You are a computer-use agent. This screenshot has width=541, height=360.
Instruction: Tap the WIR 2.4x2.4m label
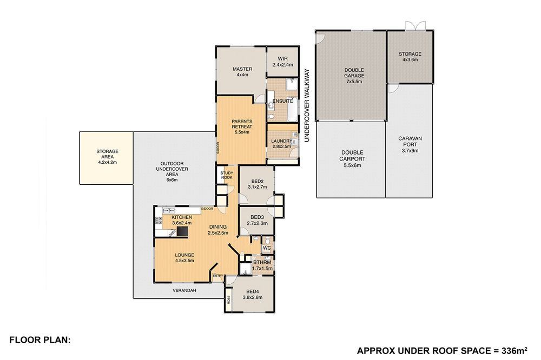282,62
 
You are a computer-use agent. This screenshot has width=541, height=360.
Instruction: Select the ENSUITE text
282,101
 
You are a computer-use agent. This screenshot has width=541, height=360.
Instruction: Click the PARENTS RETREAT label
242,124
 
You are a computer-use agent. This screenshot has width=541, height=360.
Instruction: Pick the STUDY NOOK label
227,175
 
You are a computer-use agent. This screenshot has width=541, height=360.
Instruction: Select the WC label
267,248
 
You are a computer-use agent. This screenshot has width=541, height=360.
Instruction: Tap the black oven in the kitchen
182,231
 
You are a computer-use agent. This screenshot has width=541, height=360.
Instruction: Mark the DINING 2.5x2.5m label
218,230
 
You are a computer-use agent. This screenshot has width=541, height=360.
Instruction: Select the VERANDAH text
184,291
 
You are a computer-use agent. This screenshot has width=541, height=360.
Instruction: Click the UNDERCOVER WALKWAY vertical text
307,105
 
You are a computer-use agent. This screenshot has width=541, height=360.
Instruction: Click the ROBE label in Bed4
228,299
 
